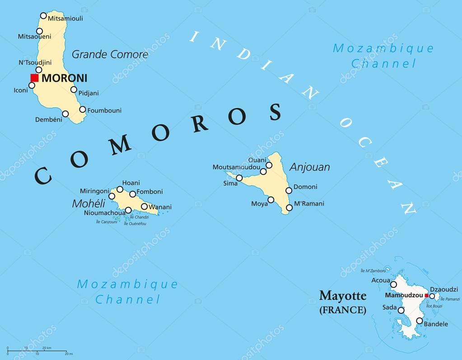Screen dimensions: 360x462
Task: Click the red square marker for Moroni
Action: [34, 78]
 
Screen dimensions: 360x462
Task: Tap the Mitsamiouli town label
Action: [67, 18]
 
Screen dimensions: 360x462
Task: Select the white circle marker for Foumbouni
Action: [83, 109]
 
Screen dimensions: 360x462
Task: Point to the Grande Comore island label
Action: [110, 55]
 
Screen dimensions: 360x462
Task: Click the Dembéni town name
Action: [48, 120]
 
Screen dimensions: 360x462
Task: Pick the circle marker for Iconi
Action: [32, 85]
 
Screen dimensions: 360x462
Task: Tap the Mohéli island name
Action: [85, 203]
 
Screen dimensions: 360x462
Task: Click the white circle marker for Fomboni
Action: [132, 194]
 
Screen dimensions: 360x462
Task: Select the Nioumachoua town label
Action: [105, 213]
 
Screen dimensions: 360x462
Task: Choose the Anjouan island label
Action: [309, 167]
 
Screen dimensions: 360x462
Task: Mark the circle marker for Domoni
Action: [289, 190]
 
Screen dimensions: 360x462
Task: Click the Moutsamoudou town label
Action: [236, 167]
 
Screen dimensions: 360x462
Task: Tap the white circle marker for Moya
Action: [271, 199]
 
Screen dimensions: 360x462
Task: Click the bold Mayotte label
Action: [343, 296]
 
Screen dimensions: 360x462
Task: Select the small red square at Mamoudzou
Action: [426, 295]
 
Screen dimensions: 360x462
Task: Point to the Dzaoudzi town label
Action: [444, 289]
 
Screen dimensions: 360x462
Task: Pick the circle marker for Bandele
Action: [419, 321]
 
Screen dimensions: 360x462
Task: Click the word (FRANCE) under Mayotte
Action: [343, 310]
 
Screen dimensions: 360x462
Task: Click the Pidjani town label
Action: [89, 93]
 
